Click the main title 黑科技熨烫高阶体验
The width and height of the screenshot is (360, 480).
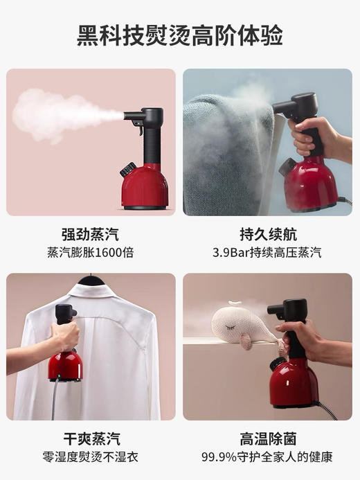tap(179, 35)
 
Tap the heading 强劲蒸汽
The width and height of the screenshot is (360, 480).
tap(90, 234)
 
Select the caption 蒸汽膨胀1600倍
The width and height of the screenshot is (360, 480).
tap(90, 253)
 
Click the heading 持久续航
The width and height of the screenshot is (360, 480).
tap(268, 234)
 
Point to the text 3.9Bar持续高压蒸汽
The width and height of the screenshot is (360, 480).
tap(268, 253)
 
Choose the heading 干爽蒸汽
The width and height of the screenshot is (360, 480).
tap(90, 438)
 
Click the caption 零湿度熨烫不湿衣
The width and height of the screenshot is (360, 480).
tap(90, 457)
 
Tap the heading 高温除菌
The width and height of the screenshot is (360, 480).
tap(268, 438)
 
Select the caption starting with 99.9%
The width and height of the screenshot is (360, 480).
tap(268, 457)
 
